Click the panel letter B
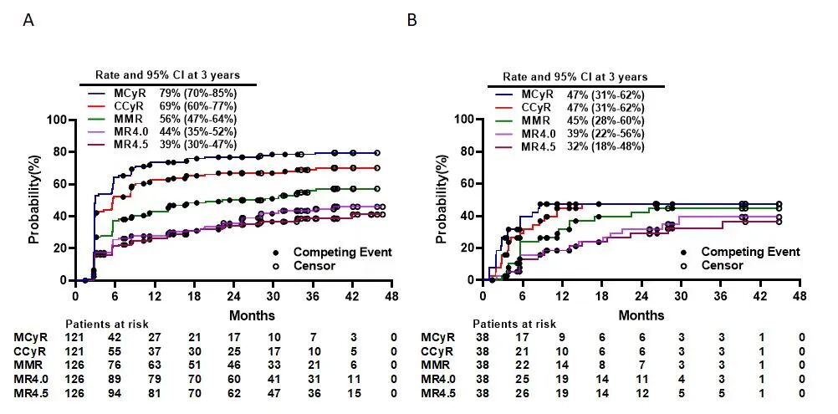[411, 19]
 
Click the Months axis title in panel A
[252, 316]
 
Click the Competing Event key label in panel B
[749, 252]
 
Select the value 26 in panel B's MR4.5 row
[524, 392]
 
